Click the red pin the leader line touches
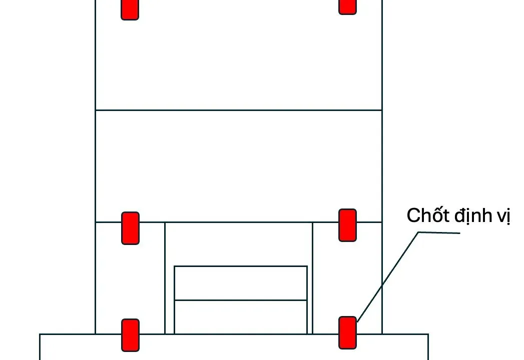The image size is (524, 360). (347, 332)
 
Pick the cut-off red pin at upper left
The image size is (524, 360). (130, 9)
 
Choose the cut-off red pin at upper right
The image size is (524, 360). (347, 7)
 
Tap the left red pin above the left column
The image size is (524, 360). (130, 228)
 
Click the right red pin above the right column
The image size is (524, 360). (347, 225)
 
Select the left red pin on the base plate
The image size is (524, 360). (130, 335)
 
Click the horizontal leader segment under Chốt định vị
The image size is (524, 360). (439, 232)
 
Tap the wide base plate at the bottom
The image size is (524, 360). (234, 347)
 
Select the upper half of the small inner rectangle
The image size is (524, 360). (241, 283)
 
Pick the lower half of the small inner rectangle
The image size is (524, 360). (241, 317)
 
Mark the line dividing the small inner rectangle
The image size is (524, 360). (241, 300)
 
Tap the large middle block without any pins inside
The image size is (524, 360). (239, 166)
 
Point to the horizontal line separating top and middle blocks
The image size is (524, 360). (239, 110)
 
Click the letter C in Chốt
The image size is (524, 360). (413, 215)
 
